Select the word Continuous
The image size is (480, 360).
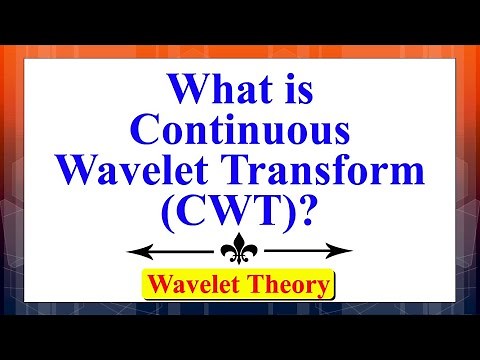click(240, 132)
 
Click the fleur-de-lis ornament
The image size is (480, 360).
click(240, 250)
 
